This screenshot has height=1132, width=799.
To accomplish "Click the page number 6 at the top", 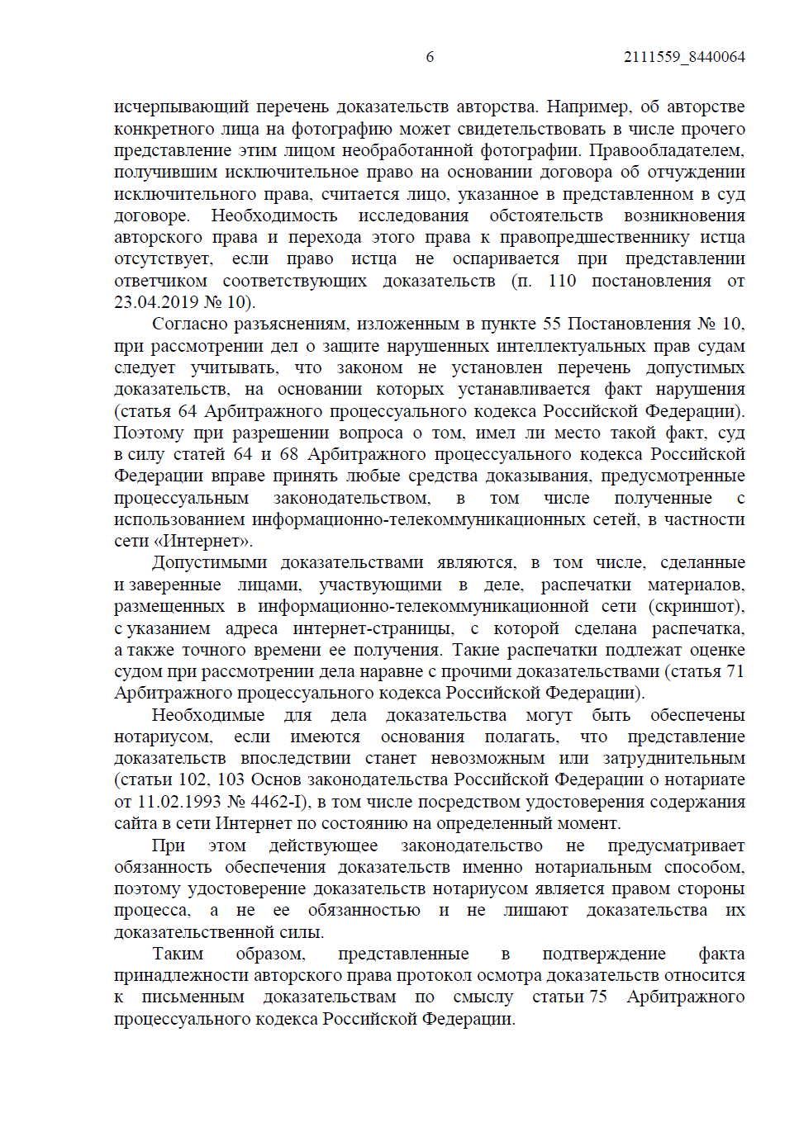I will [x=430, y=57].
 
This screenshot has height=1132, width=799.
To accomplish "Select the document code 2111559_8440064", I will [x=684, y=57].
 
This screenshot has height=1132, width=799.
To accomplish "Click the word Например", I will [x=587, y=107].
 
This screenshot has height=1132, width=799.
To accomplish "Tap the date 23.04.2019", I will [x=156, y=303].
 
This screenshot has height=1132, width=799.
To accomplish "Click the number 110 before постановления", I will [x=562, y=281].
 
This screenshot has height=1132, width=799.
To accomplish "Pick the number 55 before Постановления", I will [x=551, y=324].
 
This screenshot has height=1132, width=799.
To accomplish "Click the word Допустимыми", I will [x=209, y=563].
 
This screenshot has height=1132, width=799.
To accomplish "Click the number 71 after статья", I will [x=735, y=672].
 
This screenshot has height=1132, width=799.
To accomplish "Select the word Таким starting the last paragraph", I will [x=178, y=954].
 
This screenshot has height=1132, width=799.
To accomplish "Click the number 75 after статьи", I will [x=597, y=997].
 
